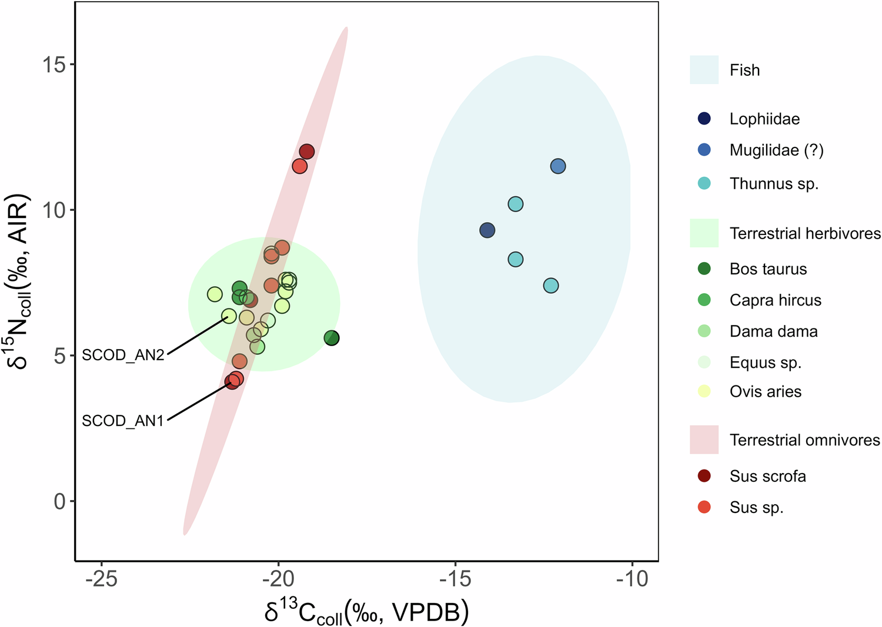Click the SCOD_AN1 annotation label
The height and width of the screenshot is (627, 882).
click(x=123, y=421)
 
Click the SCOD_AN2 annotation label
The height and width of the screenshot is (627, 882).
click(x=123, y=355)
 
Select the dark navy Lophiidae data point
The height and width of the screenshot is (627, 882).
click(x=487, y=230)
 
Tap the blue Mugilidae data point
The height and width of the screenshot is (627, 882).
click(x=558, y=166)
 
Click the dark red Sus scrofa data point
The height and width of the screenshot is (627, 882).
click(x=307, y=152)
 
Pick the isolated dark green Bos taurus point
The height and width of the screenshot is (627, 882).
click(x=332, y=338)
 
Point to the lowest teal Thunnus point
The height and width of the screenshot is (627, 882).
click(x=551, y=286)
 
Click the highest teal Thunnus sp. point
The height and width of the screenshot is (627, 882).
click(x=516, y=204)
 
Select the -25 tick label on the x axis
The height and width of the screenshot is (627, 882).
click(x=101, y=579)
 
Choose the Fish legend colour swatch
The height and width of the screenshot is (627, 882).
click(x=704, y=70)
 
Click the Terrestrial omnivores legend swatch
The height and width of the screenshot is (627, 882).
click(x=704, y=440)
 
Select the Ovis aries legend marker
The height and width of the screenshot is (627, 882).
click(x=704, y=391)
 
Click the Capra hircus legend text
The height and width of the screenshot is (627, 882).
click(x=775, y=300)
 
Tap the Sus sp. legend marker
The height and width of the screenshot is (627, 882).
click(x=704, y=507)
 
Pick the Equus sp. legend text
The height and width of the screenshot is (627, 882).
click(x=765, y=363)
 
